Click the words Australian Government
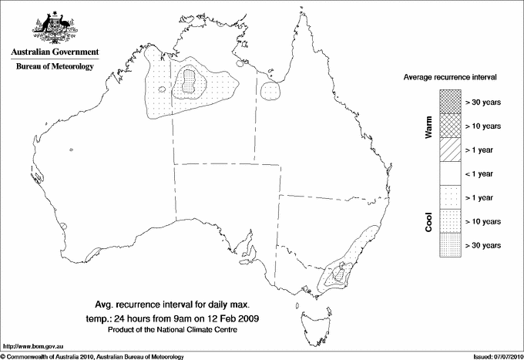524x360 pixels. pyautogui.click(x=54, y=52)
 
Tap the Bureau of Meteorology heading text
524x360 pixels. pyautogui.click(x=55, y=67)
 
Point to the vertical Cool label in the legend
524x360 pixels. pyautogui.click(x=428, y=221)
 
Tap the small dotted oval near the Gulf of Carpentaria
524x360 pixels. pyautogui.click(x=271, y=92)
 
